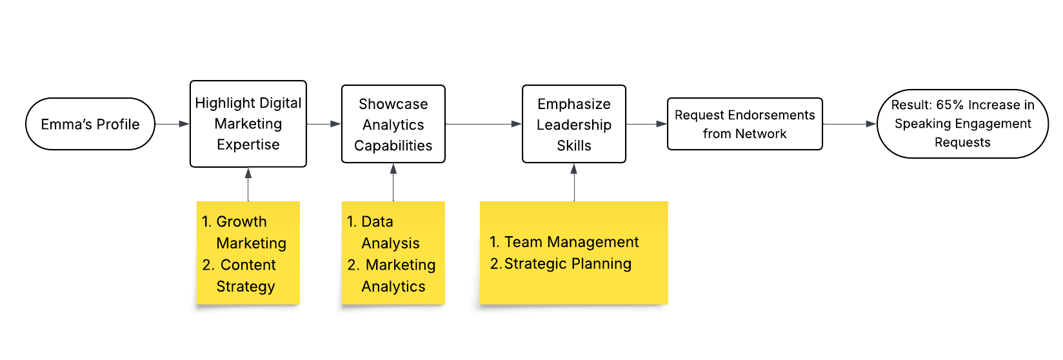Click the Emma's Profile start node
pyautogui.click(x=90, y=124)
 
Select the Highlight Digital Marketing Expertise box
pyautogui.click(x=248, y=124)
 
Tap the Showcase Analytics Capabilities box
pyautogui.click(x=393, y=124)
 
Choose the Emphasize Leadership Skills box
pyautogui.click(x=573, y=124)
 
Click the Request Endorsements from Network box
pyautogui.click(x=744, y=124)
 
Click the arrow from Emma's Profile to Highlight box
pyautogui.click(x=172, y=124)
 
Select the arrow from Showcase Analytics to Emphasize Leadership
pyautogui.click(x=483, y=124)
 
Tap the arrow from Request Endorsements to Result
pyautogui.click(x=849, y=124)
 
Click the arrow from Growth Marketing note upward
pyautogui.click(x=248, y=185)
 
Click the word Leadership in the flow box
pyautogui.click(x=573, y=125)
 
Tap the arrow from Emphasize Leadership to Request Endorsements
pyautogui.click(x=646, y=124)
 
